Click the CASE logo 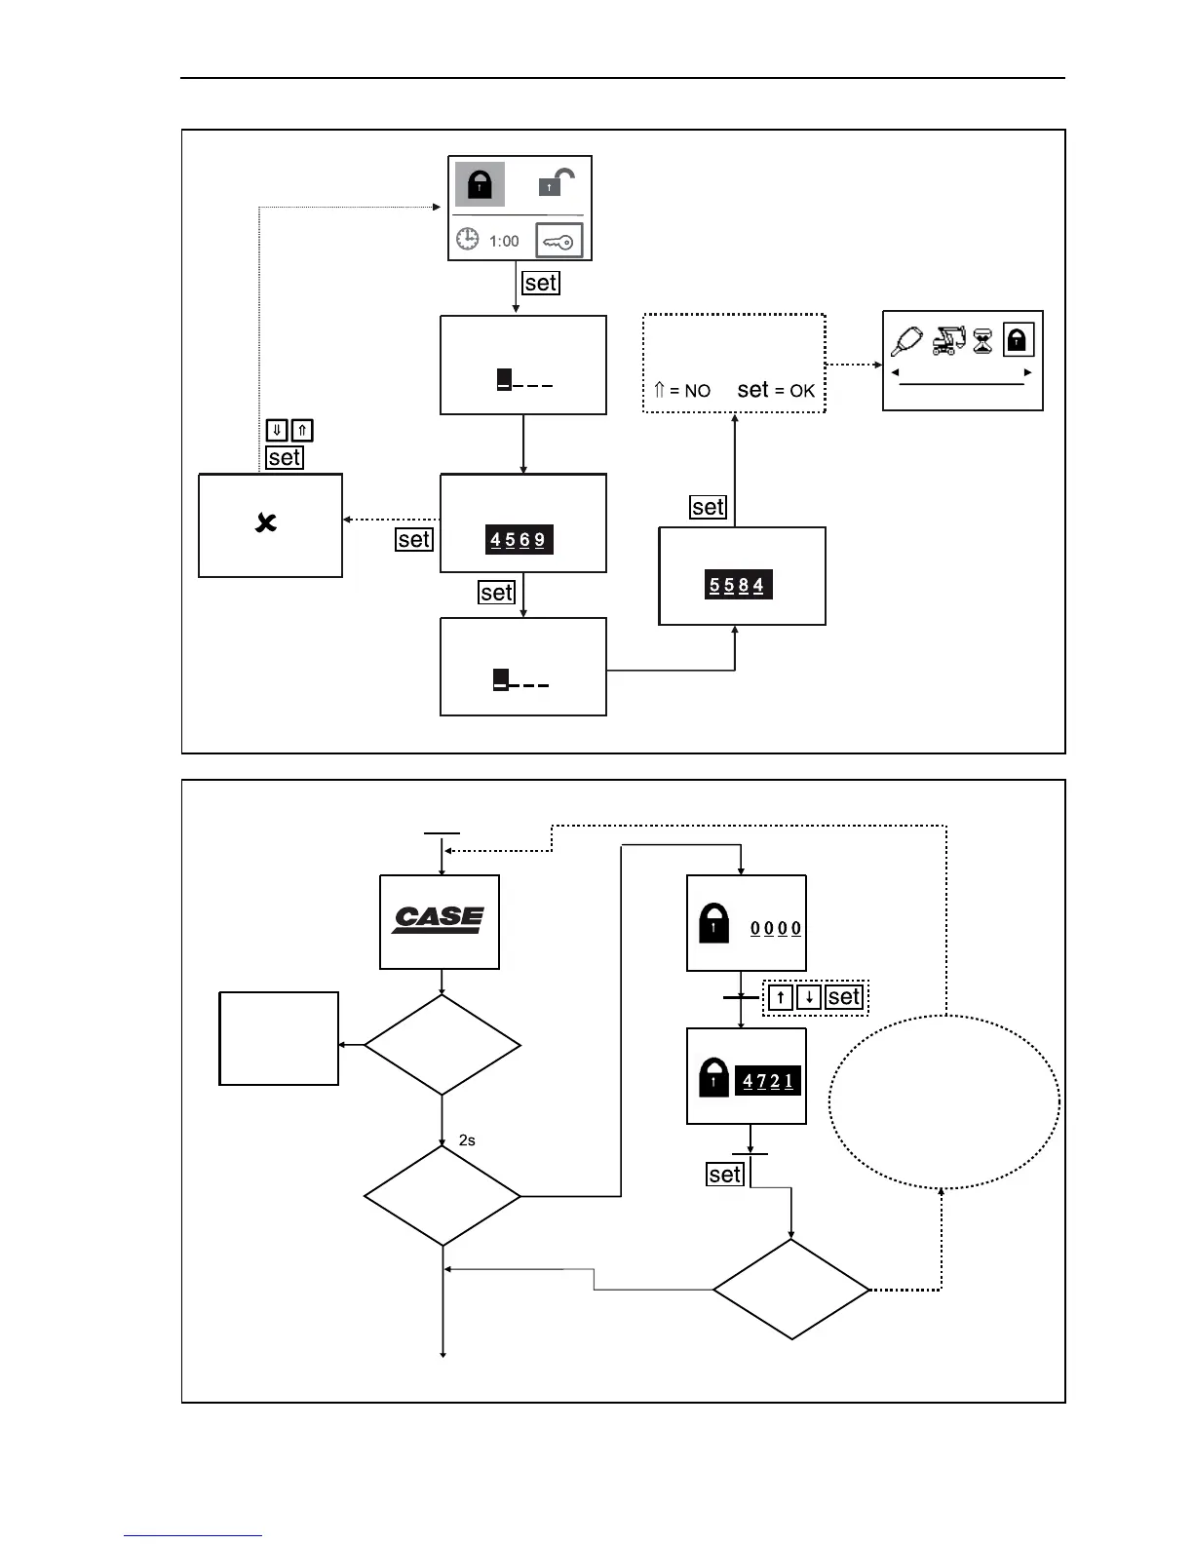tap(439, 919)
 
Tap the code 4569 tap(519, 540)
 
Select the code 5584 tap(738, 586)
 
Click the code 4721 tap(768, 1081)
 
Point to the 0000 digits tap(776, 928)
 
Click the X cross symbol tap(265, 523)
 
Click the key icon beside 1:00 tap(559, 241)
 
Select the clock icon tap(468, 239)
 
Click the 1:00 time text tap(504, 241)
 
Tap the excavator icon tap(947, 340)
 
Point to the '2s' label tap(467, 1139)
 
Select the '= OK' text tap(793, 391)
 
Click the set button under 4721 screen tap(725, 1175)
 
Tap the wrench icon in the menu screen tap(906, 340)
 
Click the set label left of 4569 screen tap(413, 539)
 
